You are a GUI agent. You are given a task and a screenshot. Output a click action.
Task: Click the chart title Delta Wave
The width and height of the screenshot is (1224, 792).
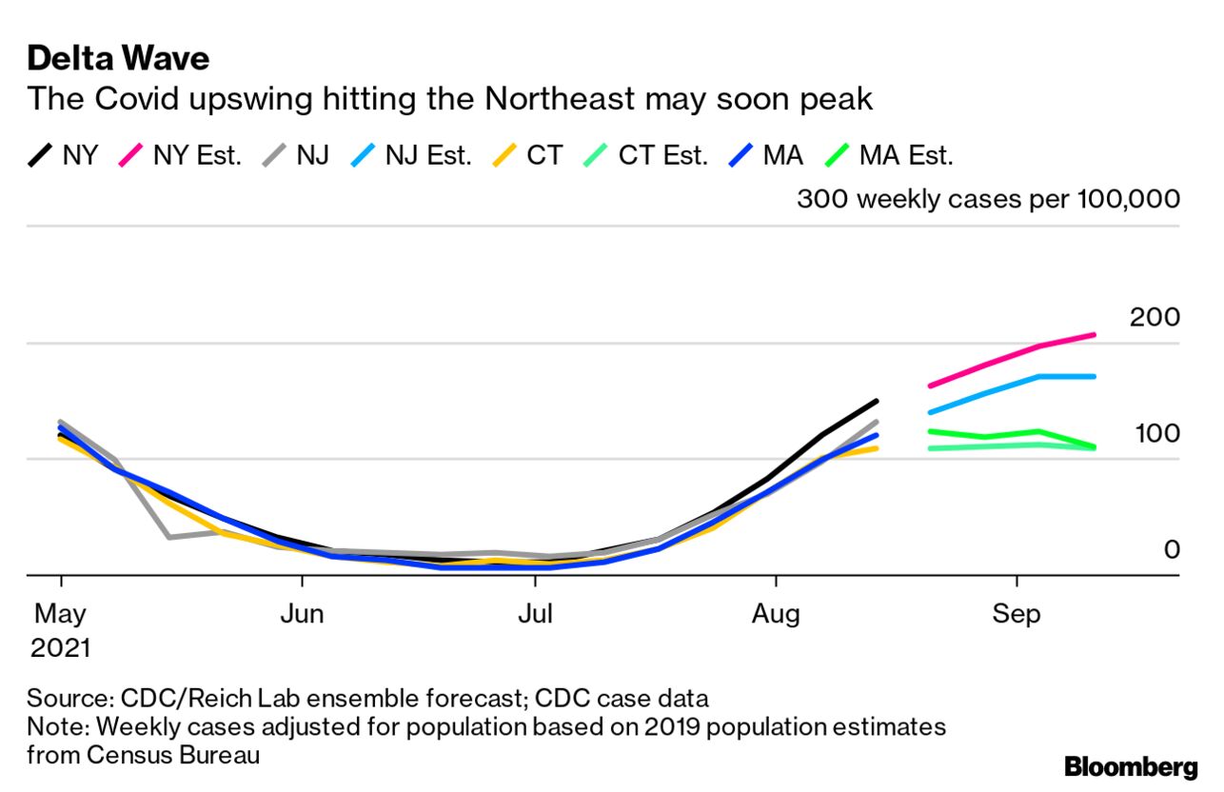(x=118, y=59)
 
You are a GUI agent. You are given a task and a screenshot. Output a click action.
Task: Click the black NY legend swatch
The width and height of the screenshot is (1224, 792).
(x=40, y=155)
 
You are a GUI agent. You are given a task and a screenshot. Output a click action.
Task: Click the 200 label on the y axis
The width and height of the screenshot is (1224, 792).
(x=1154, y=318)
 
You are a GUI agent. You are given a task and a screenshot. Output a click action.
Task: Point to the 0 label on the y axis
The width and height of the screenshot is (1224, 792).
(x=1170, y=549)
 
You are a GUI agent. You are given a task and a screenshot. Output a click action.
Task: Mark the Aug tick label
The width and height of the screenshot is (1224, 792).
(x=777, y=614)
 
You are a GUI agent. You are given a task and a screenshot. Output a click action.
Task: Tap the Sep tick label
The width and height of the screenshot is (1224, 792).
(x=1017, y=614)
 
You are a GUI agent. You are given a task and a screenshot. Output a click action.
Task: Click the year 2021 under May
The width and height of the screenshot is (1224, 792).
(x=60, y=649)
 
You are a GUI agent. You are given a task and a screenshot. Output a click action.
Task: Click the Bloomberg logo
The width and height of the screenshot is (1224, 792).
(x=1131, y=767)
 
